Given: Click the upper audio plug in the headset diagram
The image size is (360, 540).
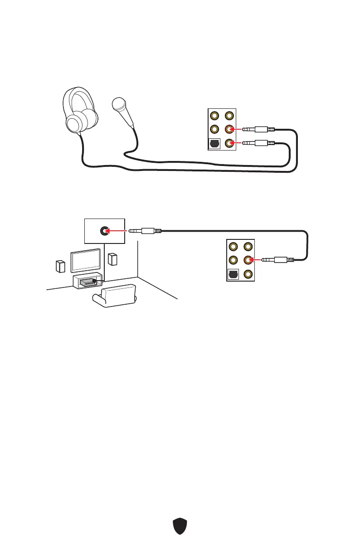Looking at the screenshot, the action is point(258,129).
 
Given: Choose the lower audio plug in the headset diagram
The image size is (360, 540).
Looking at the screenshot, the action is point(258,143).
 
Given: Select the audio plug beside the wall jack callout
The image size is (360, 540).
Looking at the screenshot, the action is point(145,230).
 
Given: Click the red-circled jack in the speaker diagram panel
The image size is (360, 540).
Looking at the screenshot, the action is point(248,260).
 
